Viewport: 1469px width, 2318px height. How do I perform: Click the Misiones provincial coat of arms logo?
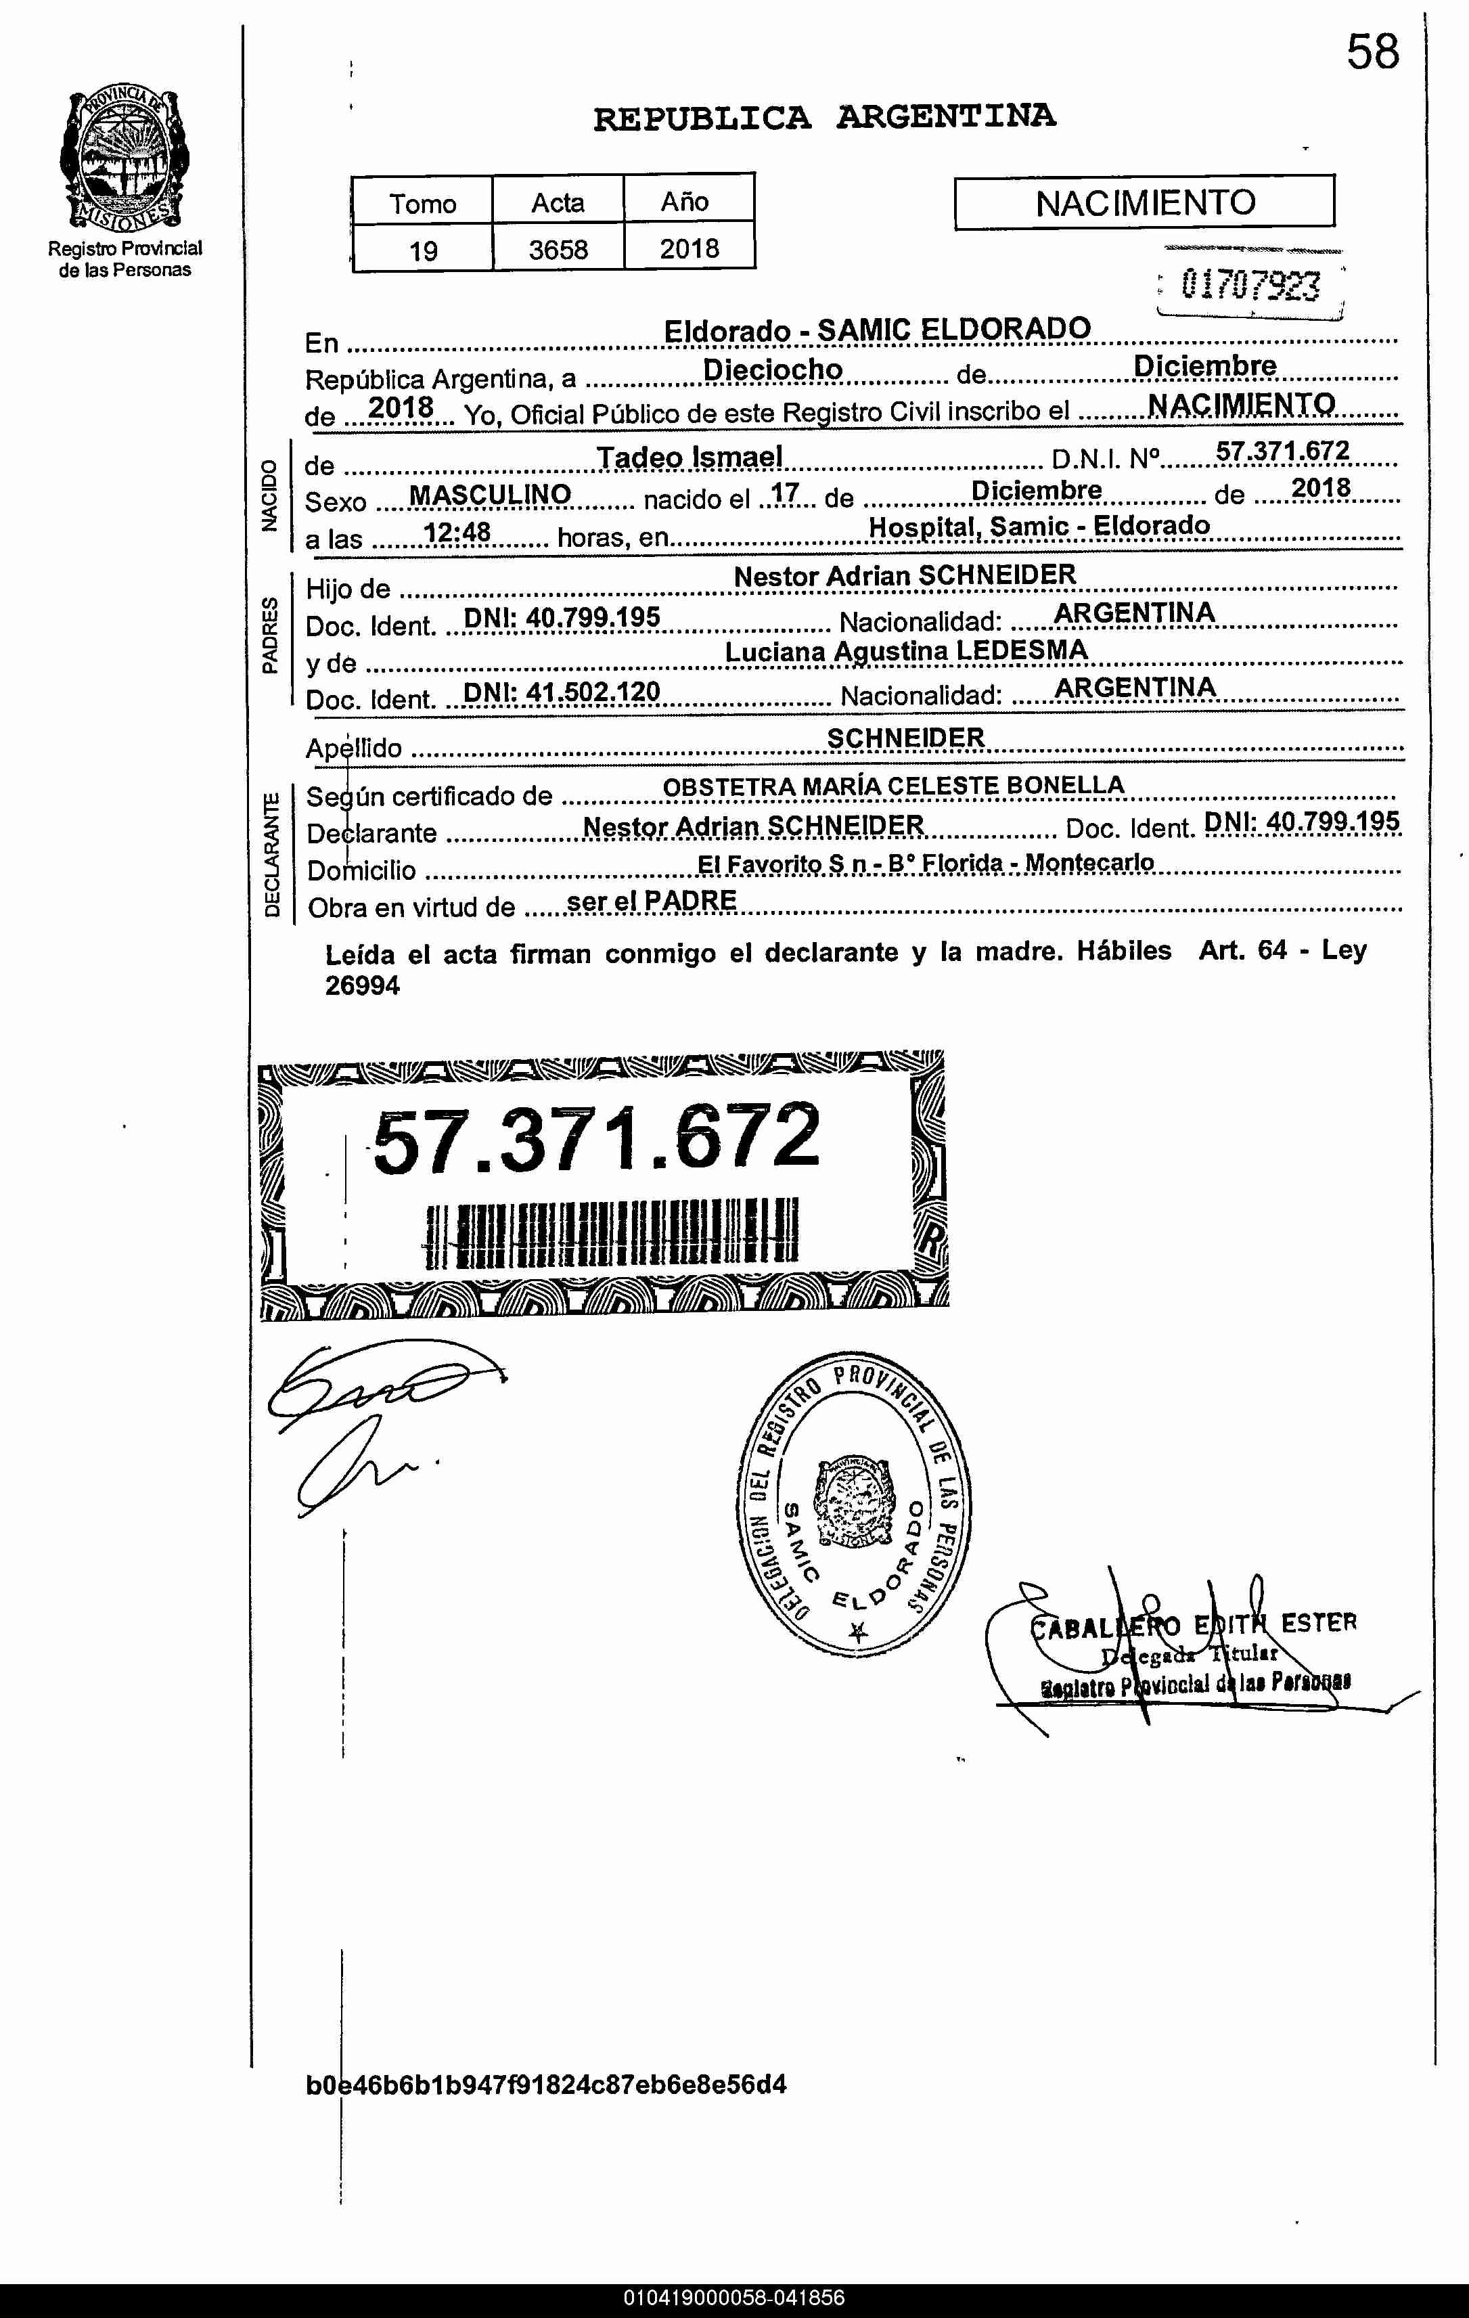[125, 158]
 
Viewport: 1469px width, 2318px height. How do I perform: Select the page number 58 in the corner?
[1372, 52]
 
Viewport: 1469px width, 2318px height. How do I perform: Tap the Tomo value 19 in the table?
[423, 251]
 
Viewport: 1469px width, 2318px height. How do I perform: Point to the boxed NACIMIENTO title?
[1145, 202]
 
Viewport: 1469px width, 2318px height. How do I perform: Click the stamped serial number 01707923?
[1250, 285]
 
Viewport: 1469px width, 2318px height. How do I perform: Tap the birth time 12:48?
[457, 533]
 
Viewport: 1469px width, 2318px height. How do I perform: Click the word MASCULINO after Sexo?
[490, 495]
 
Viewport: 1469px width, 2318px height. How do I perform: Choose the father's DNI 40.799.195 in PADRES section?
[562, 617]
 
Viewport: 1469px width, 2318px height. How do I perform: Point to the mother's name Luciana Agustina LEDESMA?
[906, 652]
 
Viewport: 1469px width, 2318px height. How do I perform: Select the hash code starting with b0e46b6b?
[546, 2085]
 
